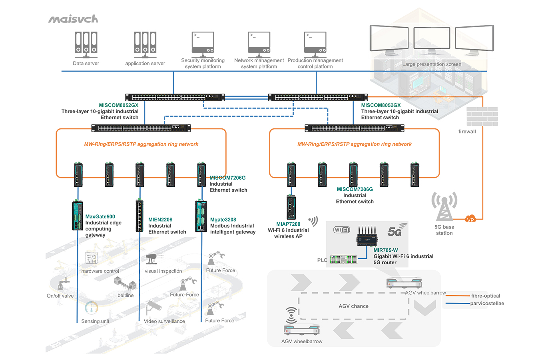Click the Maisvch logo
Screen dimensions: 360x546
click(x=73, y=19)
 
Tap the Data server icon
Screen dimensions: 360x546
click(x=86, y=44)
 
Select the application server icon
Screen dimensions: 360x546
click(x=145, y=44)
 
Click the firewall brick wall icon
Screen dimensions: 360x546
click(x=482, y=116)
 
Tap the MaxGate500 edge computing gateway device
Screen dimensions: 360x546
click(x=77, y=216)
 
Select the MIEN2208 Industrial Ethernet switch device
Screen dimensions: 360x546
click(x=139, y=216)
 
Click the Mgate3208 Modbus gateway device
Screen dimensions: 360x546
click(x=201, y=216)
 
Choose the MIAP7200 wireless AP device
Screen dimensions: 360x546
click(x=291, y=207)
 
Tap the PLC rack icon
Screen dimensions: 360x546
click(x=343, y=260)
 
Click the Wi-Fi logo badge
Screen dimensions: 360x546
click(x=341, y=230)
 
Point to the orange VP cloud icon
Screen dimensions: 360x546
click(x=470, y=219)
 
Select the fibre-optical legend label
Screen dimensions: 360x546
click(x=486, y=296)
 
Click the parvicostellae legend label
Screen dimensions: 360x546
click(x=487, y=304)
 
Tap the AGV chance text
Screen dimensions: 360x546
click(x=353, y=306)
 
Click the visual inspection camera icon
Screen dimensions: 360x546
click(x=151, y=259)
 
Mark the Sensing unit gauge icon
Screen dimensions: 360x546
click(x=92, y=308)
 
